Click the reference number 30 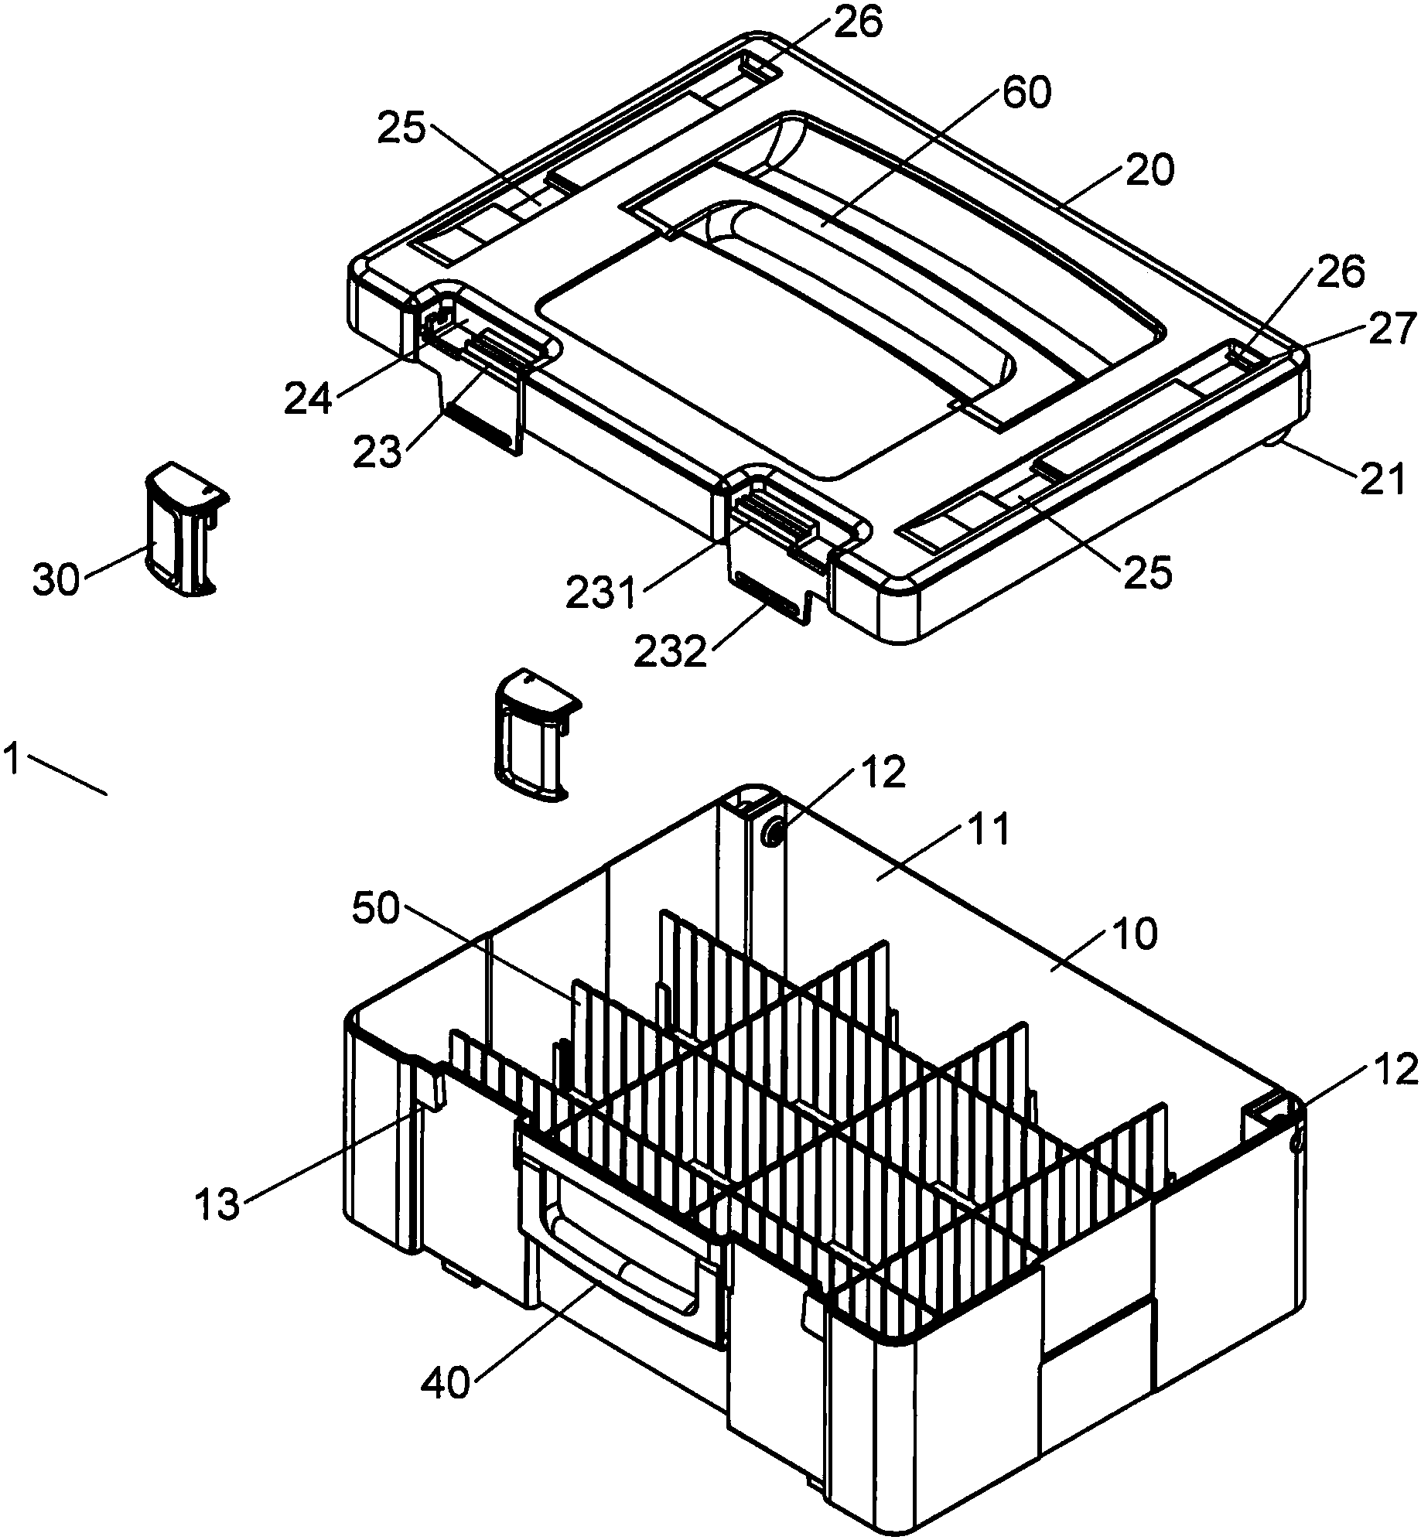click(56, 579)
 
